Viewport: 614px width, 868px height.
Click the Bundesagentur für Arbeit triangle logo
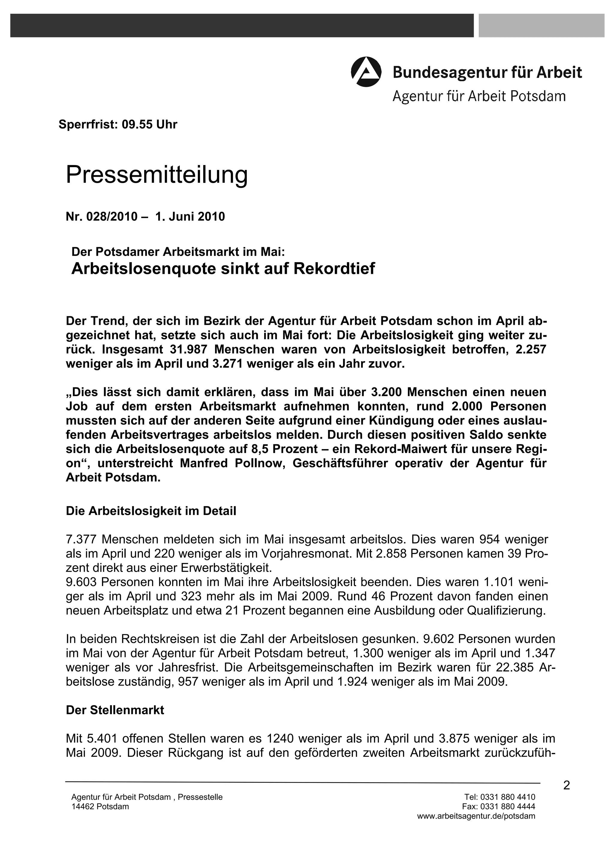pyautogui.click(x=366, y=72)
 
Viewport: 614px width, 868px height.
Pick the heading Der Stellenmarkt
pyautogui.click(x=115, y=710)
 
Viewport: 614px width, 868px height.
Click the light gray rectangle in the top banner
pyautogui.click(x=541, y=25)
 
